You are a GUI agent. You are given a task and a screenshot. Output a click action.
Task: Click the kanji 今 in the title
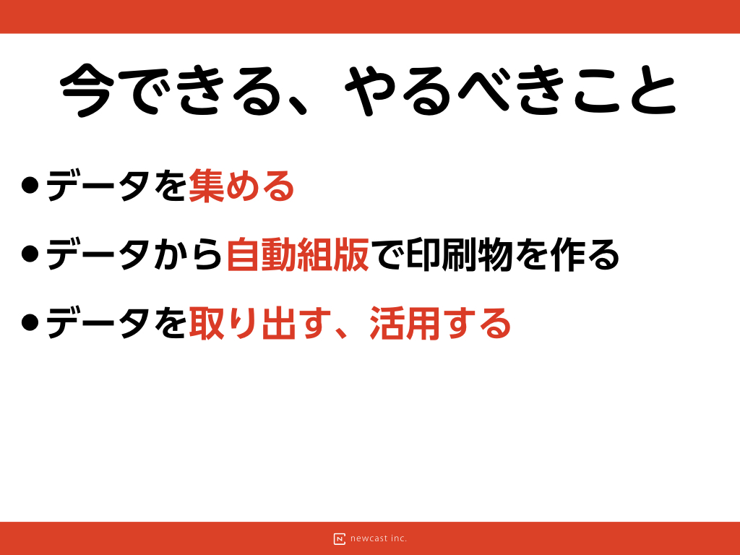(x=87, y=90)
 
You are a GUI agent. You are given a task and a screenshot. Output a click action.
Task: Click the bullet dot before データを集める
(x=30, y=186)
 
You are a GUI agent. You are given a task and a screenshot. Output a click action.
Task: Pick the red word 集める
(x=241, y=186)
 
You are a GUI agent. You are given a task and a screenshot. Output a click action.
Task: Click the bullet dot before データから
(x=30, y=254)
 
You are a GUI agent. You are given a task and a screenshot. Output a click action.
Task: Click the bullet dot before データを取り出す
(x=30, y=323)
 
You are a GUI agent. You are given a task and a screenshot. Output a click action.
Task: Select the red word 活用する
(x=440, y=323)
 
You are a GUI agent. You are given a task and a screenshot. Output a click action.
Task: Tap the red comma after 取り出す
(x=342, y=332)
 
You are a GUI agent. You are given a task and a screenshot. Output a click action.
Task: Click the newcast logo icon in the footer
(x=340, y=539)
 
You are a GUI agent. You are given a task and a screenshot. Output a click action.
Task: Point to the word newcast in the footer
(x=369, y=538)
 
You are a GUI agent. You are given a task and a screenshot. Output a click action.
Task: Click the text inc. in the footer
(x=399, y=538)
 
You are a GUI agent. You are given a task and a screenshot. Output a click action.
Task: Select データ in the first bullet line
(x=98, y=186)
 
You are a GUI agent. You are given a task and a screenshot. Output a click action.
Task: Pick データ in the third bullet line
(x=98, y=323)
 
